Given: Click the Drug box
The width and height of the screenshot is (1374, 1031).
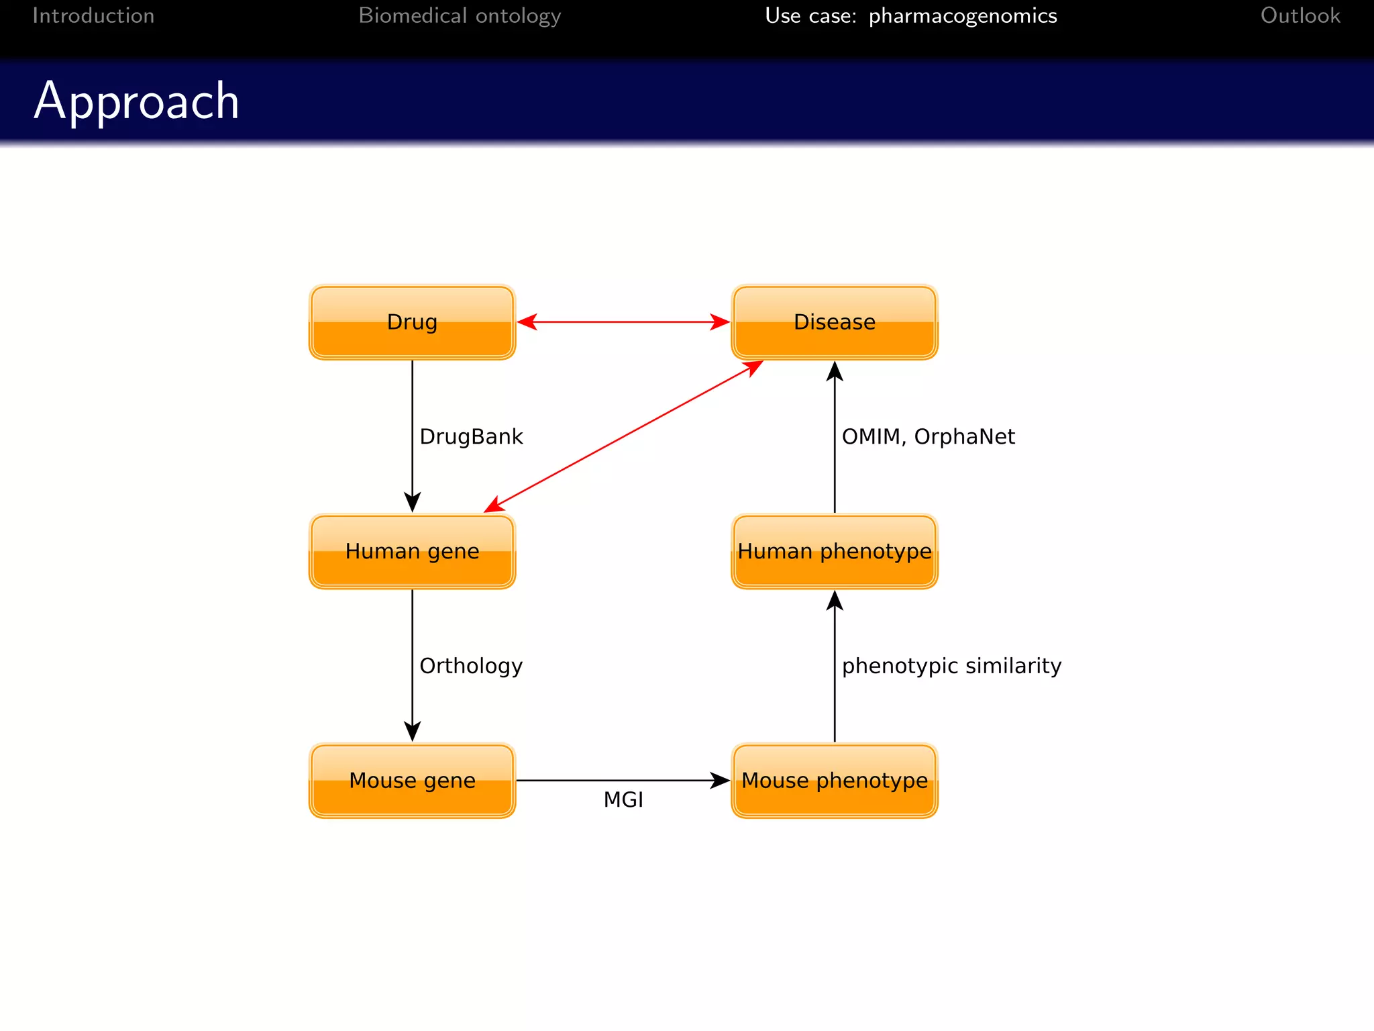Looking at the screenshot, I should pos(412,322).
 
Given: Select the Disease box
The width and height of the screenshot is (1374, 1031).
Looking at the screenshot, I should pos(834,322).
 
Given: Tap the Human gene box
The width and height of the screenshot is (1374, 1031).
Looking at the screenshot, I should pos(412,552).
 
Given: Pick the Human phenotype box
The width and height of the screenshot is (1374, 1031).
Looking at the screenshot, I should pos(834,552).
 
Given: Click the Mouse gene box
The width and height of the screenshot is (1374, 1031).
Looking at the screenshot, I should pos(412,781).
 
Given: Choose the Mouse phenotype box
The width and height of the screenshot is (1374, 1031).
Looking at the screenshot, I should pos(834,781).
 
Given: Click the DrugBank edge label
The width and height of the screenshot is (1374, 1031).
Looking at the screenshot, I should pos(471,437).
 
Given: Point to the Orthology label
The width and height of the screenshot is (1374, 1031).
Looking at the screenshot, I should pos(471,666).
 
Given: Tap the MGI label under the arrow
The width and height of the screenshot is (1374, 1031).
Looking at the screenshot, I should pos(623,800).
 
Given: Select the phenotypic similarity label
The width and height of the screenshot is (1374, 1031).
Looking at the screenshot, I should pos(951,666).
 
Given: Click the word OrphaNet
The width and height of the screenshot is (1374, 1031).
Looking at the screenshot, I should pos(964,437).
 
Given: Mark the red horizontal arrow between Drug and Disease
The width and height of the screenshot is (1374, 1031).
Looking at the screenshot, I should pos(623,322).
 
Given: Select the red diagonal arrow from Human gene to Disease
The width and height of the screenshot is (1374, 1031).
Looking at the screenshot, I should pos(623,437).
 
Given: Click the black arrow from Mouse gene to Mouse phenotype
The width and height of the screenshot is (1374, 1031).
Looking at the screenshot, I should pos(623,780).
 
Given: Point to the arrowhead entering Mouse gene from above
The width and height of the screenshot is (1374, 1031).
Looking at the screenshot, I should pos(412,732).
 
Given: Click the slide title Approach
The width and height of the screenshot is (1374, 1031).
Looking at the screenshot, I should pos(137,101).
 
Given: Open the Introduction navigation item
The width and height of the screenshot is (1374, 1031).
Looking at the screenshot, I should pos(93,15).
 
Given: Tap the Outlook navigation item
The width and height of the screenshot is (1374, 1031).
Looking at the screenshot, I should pos(1300,15).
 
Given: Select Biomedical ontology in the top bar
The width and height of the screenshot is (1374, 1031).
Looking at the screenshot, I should pos(460,15).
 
